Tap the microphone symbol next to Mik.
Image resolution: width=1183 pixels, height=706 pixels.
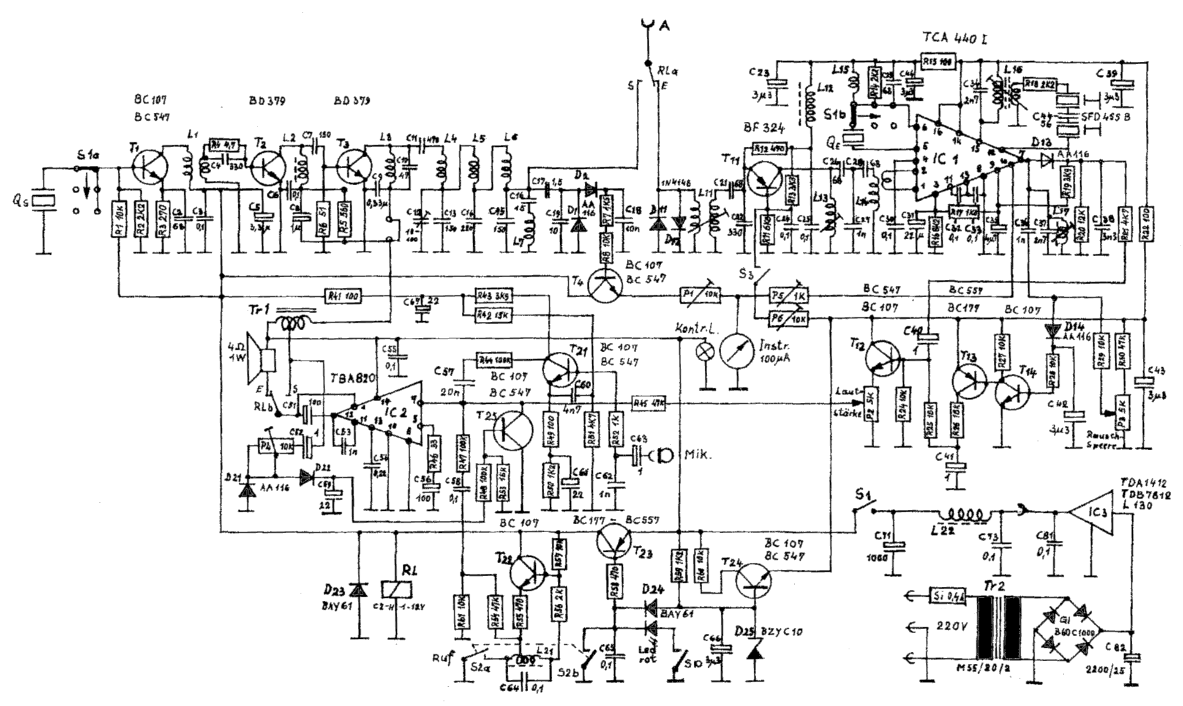tap(663, 455)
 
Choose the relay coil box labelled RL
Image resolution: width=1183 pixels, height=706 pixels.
tap(397, 589)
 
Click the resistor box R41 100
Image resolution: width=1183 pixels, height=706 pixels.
tap(342, 297)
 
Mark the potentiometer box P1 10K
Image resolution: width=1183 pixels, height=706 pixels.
tap(701, 297)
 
